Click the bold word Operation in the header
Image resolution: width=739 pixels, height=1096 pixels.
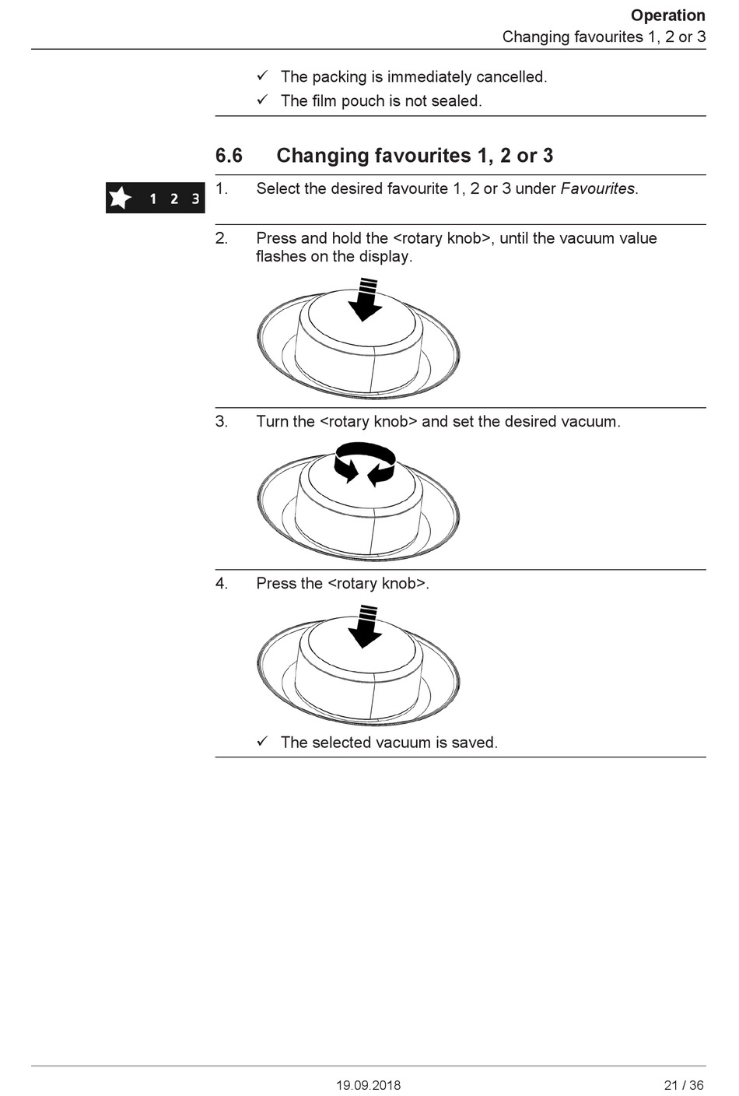click(667, 16)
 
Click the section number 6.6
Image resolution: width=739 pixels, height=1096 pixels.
click(229, 156)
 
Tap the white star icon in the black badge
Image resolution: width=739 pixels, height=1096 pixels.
click(121, 198)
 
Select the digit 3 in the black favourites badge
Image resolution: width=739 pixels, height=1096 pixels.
click(195, 199)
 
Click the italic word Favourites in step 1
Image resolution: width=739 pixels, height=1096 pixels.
click(597, 188)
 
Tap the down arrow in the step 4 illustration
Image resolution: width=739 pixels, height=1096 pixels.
click(365, 627)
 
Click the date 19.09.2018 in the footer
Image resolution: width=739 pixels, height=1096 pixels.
click(369, 1085)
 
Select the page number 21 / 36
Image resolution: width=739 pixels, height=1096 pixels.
click(684, 1085)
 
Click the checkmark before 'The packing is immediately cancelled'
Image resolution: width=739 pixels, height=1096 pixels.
click(262, 76)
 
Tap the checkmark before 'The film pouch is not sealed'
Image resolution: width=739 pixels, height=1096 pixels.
click(262, 100)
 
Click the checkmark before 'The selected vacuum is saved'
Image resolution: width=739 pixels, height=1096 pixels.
click(262, 741)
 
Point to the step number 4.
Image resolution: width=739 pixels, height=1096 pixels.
click(222, 583)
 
